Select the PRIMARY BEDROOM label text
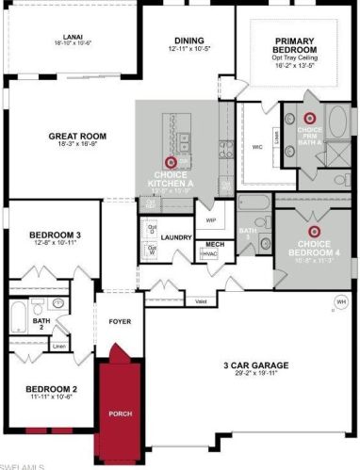click(x=300, y=45)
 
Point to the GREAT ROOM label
click(x=76, y=137)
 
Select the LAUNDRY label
click(x=175, y=238)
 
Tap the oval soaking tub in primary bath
click(x=337, y=122)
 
